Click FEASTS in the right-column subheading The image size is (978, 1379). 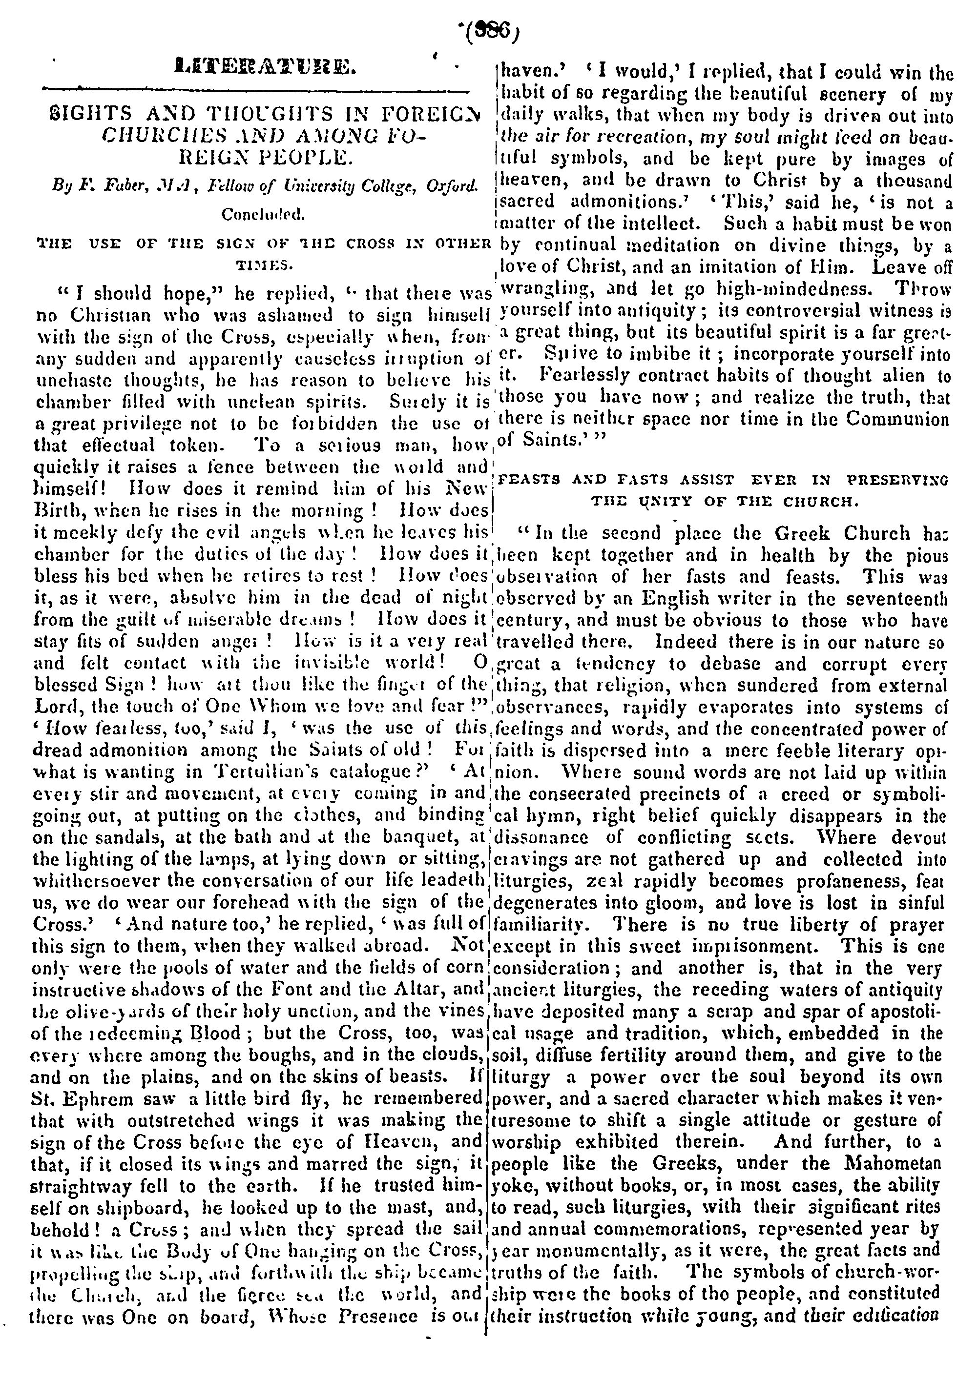(x=526, y=480)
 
